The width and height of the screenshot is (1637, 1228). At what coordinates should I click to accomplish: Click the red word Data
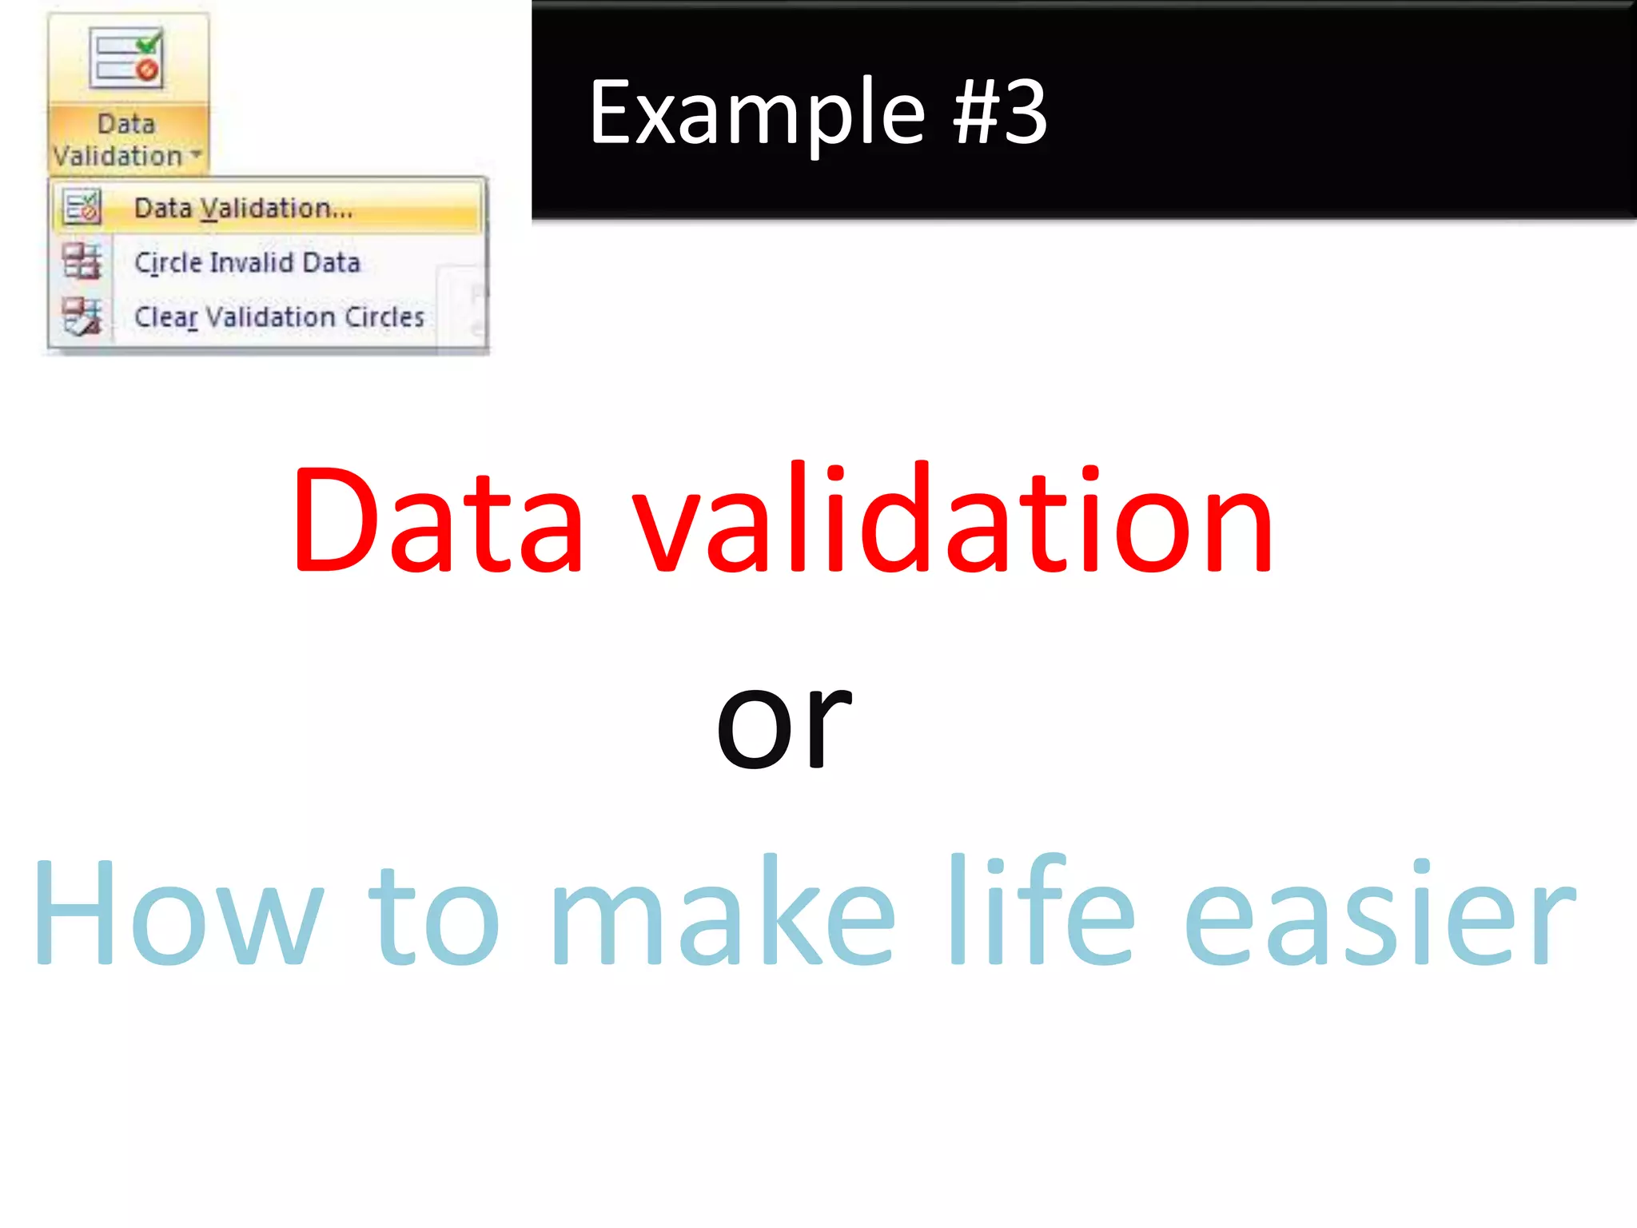(x=437, y=521)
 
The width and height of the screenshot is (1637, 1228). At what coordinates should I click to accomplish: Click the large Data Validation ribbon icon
(x=126, y=58)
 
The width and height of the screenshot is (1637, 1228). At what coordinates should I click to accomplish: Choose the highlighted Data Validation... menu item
(x=243, y=209)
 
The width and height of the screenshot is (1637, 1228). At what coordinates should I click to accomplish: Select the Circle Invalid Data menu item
(x=247, y=262)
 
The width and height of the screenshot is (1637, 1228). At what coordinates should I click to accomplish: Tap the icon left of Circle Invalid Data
(x=82, y=261)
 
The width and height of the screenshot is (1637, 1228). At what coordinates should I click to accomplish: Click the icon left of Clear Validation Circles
(x=82, y=316)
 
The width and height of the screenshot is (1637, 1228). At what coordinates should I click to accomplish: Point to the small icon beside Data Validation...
(x=82, y=207)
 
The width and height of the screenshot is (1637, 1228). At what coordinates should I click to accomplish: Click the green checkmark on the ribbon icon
(x=149, y=42)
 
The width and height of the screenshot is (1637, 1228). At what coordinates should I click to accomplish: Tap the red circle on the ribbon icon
(x=147, y=71)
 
